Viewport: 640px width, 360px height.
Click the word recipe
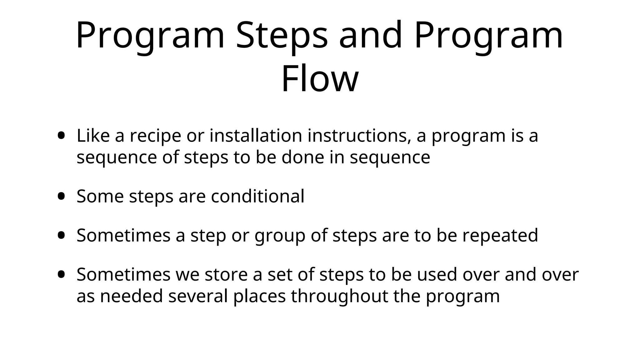(x=155, y=136)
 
